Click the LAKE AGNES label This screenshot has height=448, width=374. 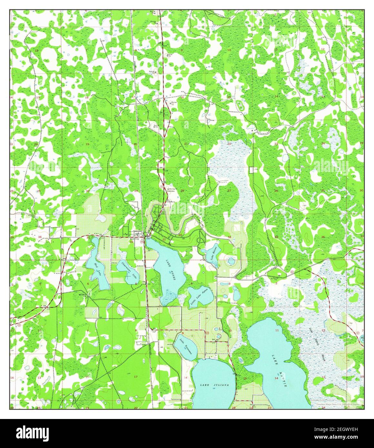pos(171,269)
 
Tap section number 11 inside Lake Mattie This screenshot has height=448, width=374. pos(277,331)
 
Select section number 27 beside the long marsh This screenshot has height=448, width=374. pos(229,191)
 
